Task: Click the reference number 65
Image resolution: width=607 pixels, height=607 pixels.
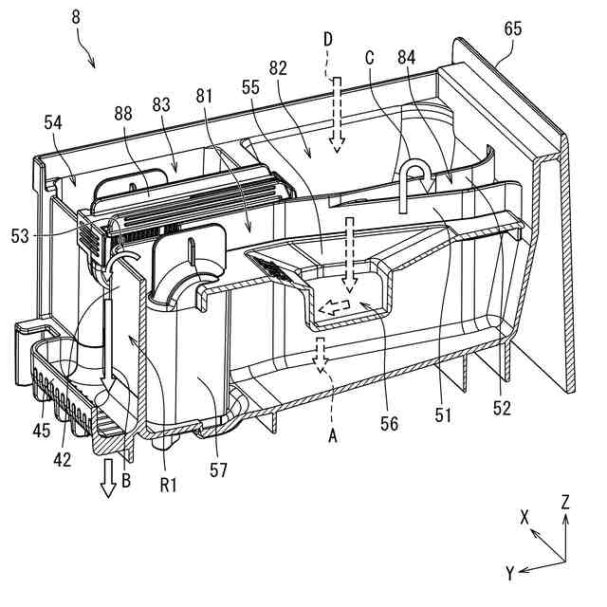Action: pyautogui.click(x=512, y=29)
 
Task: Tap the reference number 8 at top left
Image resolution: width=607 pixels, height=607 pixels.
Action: pyautogui.click(x=77, y=16)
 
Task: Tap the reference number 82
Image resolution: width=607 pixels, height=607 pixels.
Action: pyautogui.click(x=279, y=72)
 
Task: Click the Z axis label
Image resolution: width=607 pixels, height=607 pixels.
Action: pyautogui.click(x=565, y=504)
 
